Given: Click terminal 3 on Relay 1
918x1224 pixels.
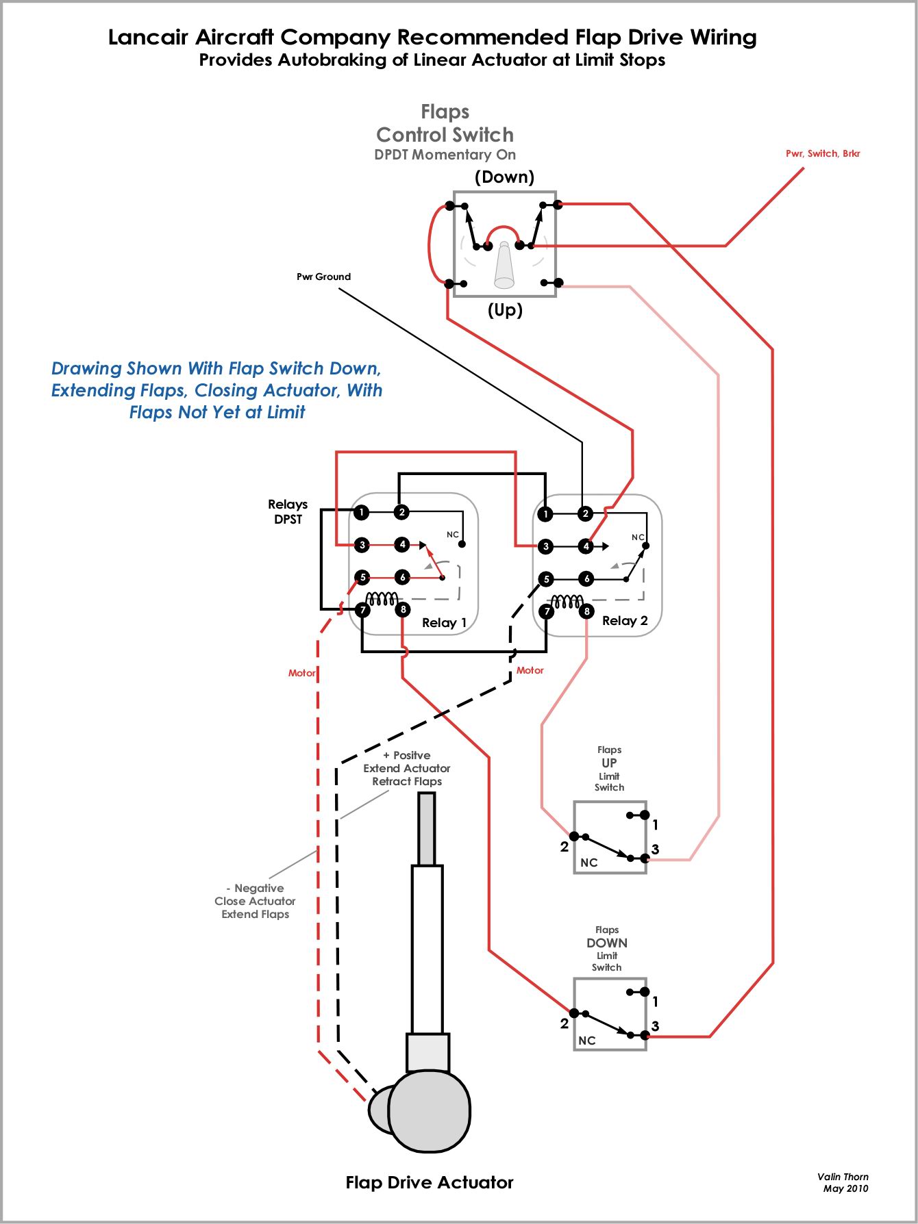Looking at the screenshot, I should click(x=362, y=545).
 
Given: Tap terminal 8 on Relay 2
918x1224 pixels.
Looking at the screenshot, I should click(x=586, y=611).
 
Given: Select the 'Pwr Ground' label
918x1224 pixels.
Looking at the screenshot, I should click(x=323, y=277).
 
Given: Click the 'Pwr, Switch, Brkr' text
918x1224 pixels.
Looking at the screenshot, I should click(x=822, y=153).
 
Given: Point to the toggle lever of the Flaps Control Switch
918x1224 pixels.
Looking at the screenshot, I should click(x=504, y=267).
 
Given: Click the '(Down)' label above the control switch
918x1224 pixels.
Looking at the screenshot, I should click(x=504, y=177).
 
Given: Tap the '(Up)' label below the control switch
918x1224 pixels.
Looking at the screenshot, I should click(x=505, y=310).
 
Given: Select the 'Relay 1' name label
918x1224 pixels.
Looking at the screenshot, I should click(x=444, y=622).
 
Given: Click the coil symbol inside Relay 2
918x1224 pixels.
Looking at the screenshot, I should click(x=567, y=602).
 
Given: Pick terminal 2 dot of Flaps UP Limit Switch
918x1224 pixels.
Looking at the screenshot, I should click(x=574, y=836).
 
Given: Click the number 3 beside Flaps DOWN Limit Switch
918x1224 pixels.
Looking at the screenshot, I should click(x=655, y=1025).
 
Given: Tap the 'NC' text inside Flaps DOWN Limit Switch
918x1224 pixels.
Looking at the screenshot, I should click(x=587, y=1041).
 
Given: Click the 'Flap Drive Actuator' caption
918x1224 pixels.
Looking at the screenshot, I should click(x=430, y=1182).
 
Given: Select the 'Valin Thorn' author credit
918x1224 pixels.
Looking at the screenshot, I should click(x=843, y=1177).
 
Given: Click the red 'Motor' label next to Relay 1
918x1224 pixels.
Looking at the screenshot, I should click(x=301, y=673).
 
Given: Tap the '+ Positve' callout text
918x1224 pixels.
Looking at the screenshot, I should click(x=406, y=755).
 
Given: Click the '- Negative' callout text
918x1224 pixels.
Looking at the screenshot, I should click(x=255, y=888).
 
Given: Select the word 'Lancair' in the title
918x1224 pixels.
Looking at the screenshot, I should click(x=149, y=37).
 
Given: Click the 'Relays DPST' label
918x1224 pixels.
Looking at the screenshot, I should click(x=288, y=511).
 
